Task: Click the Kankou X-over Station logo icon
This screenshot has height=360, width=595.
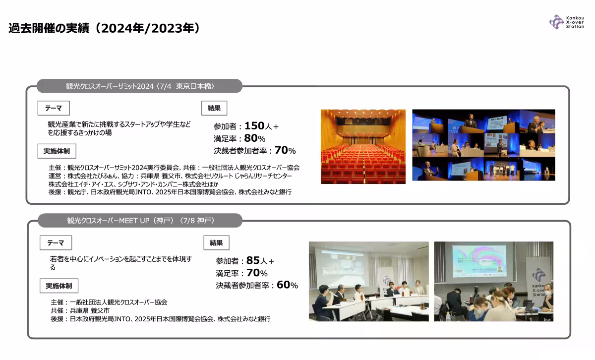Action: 556,22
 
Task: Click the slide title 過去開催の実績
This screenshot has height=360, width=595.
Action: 49,28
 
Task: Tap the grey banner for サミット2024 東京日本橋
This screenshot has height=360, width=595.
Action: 140,86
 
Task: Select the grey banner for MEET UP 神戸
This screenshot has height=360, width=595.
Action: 140,221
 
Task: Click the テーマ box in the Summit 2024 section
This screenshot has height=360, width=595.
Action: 54,108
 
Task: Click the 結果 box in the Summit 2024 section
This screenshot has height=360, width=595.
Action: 214,108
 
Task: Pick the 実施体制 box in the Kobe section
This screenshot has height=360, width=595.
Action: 59,286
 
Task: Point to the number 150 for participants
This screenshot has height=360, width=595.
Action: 254,125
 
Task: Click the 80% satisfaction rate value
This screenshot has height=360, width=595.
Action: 254,138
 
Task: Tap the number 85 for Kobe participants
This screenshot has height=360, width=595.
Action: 253,260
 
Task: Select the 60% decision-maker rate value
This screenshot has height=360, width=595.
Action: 287,285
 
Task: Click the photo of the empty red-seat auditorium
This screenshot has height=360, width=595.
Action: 363,147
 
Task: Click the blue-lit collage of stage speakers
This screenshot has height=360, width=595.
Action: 484,145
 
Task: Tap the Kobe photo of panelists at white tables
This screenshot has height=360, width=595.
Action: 369,281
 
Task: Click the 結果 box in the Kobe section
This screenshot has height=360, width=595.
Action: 217,243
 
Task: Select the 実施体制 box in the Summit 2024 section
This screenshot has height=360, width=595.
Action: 57,151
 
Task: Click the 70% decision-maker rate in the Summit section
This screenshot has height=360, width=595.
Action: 285,150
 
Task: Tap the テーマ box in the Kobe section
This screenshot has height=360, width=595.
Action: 56,243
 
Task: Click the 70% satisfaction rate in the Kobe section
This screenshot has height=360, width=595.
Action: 257,273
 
